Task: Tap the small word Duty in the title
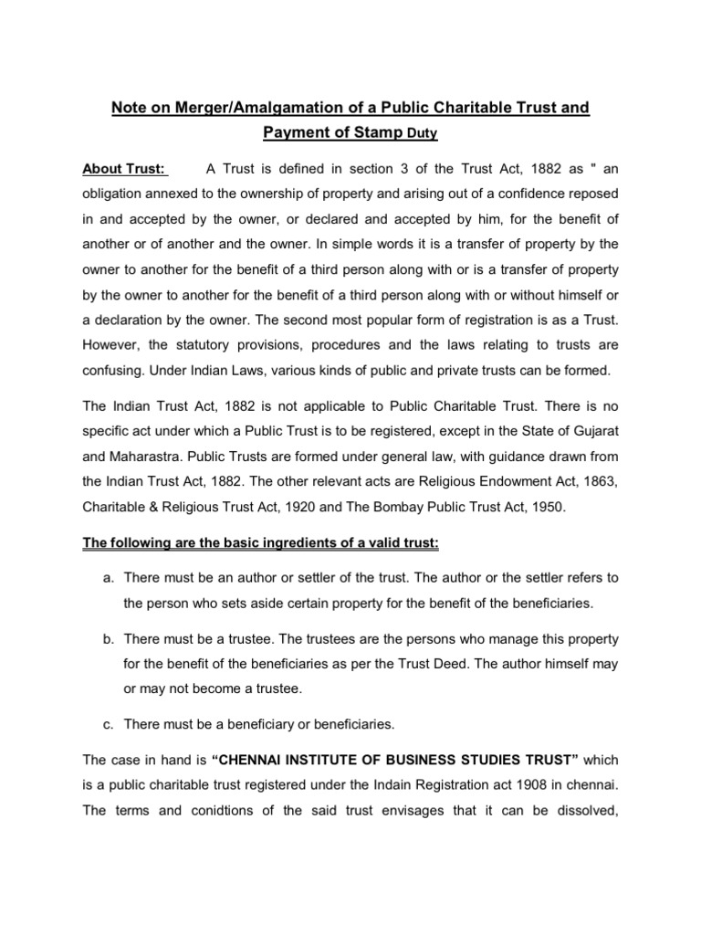423,134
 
